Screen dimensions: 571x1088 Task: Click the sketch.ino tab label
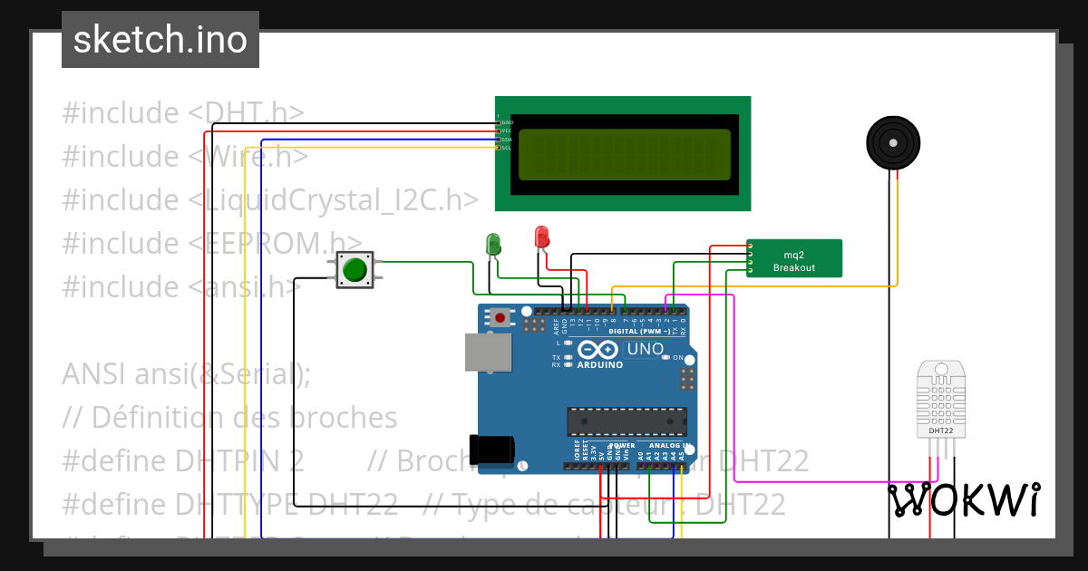pyautogui.click(x=160, y=40)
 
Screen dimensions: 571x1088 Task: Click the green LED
pyautogui.click(x=493, y=243)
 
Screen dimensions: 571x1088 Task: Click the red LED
pyautogui.click(x=541, y=237)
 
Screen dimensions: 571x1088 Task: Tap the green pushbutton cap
pyautogui.click(x=355, y=270)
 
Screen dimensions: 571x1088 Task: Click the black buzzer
pyautogui.click(x=893, y=142)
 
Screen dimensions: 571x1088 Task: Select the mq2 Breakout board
pyautogui.click(x=794, y=258)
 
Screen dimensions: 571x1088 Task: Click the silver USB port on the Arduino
pyautogui.click(x=487, y=352)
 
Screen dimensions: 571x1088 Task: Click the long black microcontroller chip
pyautogui.click(x=626, y=421)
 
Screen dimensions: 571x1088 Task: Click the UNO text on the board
pyautogui.click(x=646, y=349)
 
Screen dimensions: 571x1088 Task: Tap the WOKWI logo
pyautogui.click(x=963, y=500)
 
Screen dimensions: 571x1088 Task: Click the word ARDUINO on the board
pyautogui.click(x=599, y=364)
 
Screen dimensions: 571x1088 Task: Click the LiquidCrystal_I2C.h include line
pyautogui.click(x=270, y=199)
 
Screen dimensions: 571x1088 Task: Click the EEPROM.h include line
pyautogui.click(x=205, y=243)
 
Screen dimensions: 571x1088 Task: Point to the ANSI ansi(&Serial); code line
pyautogui.click(x=186, y=373)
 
